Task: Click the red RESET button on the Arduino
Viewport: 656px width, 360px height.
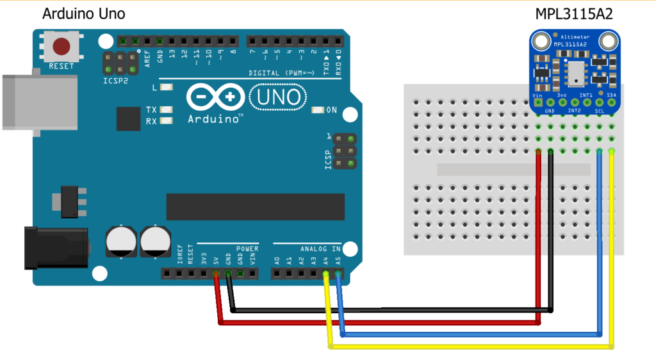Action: [61, 47]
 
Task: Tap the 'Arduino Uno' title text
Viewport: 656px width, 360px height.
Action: [83, 14]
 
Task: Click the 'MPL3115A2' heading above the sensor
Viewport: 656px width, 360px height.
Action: [574, 14]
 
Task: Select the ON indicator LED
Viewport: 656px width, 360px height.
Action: [317, 110]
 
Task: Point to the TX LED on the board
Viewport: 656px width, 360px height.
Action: [167, 110]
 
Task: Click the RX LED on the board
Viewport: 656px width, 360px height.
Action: [167, 120]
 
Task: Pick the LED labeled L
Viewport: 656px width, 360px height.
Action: [167, 87]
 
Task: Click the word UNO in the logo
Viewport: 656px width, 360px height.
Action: [276, 97]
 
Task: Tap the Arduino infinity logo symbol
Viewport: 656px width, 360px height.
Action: [215, 98]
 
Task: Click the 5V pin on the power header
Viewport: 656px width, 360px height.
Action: [215, 274]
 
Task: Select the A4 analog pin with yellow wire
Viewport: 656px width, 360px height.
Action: [326, 274]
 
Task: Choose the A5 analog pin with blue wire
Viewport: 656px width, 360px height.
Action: [338, 274]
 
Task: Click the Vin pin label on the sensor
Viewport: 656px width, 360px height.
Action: [537, 95]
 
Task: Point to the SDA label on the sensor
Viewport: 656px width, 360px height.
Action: [612, 95]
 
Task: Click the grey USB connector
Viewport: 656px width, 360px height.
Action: [32, 101]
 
